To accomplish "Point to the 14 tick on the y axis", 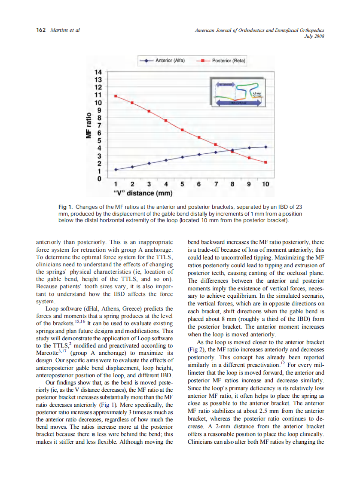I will (x=98, y=72).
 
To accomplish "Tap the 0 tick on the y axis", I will (x=99, y=178).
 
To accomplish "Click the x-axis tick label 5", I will (x=183, y=184).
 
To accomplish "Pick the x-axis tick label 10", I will (x=265, y=184).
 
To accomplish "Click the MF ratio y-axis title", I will (x=88, y=125).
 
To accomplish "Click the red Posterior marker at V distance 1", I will (x=116, y=96).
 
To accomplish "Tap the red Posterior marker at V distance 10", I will (x=265, y=162).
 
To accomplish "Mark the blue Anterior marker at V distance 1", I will (x=116, y=170).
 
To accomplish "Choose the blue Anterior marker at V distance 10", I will (x=265, y=147).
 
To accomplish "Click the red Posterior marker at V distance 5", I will (x=182, y=130).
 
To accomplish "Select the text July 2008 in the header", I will (x=314, y=37).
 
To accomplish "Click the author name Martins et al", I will (x=65, y=30).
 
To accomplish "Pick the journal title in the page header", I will (x=259, y=30).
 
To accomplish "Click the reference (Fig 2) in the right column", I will (x=197, y=349).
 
